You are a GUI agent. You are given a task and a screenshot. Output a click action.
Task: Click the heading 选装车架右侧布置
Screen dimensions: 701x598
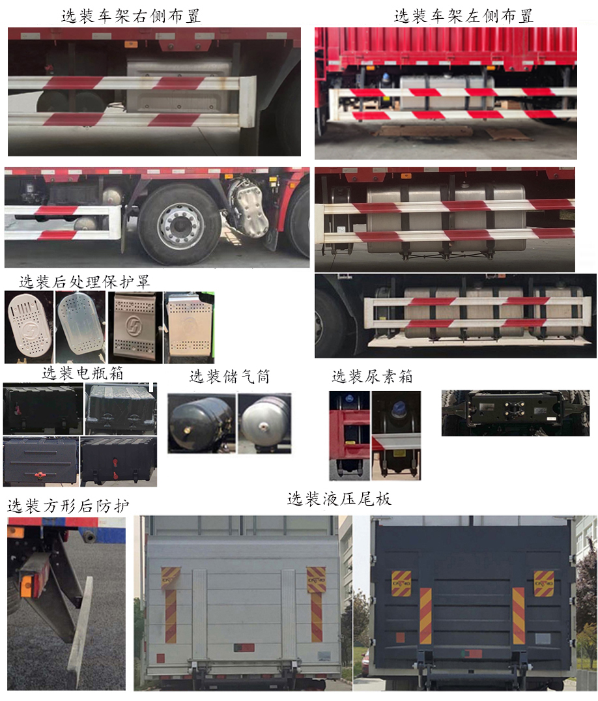[x=130, y=16]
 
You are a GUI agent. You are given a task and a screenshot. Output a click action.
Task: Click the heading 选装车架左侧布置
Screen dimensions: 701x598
[x=463, y=16]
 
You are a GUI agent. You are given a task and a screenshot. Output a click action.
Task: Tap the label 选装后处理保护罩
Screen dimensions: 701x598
[x=85, y=282]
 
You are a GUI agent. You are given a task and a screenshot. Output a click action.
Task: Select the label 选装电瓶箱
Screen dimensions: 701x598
[x=82, y=374]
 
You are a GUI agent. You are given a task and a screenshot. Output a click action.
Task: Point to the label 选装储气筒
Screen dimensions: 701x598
[x=229, y=377]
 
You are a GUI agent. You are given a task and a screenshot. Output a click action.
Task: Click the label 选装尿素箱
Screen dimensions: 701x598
[x=372, y=377]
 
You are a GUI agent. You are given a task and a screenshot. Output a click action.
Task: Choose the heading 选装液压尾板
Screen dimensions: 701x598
[x=339, y=499]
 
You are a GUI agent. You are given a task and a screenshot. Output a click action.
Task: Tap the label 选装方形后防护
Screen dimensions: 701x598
[x=68, y=506]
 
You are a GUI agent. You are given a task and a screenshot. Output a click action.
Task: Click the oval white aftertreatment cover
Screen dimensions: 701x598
[x=27, y=326]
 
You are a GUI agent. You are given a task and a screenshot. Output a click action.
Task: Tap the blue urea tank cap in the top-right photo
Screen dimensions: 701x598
[x=387, y=78]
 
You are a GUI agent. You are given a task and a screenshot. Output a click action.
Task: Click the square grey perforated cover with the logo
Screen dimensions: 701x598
[x=134, y=327]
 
